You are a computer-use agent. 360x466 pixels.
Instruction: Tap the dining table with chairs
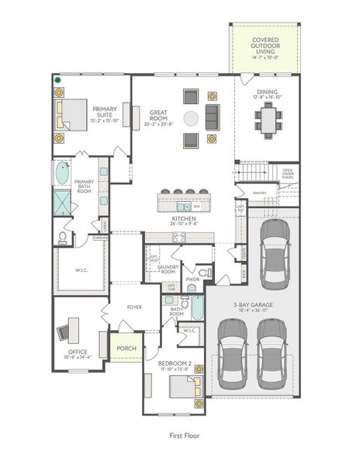(270, 120)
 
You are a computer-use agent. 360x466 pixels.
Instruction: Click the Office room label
(77, 353)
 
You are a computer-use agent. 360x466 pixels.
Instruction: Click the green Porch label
(126, 348)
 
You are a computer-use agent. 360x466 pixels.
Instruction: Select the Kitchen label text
(185, 221)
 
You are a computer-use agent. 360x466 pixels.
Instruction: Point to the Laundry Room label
(168, 270)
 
